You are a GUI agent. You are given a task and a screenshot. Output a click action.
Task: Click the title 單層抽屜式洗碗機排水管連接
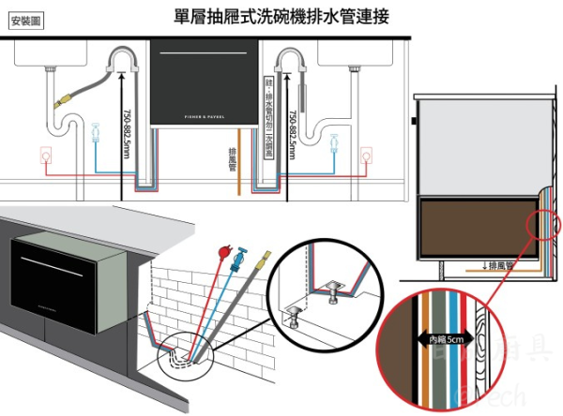282,16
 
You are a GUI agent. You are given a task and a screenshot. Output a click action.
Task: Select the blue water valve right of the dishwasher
334,143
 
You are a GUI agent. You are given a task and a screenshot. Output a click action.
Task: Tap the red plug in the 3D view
222,252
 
